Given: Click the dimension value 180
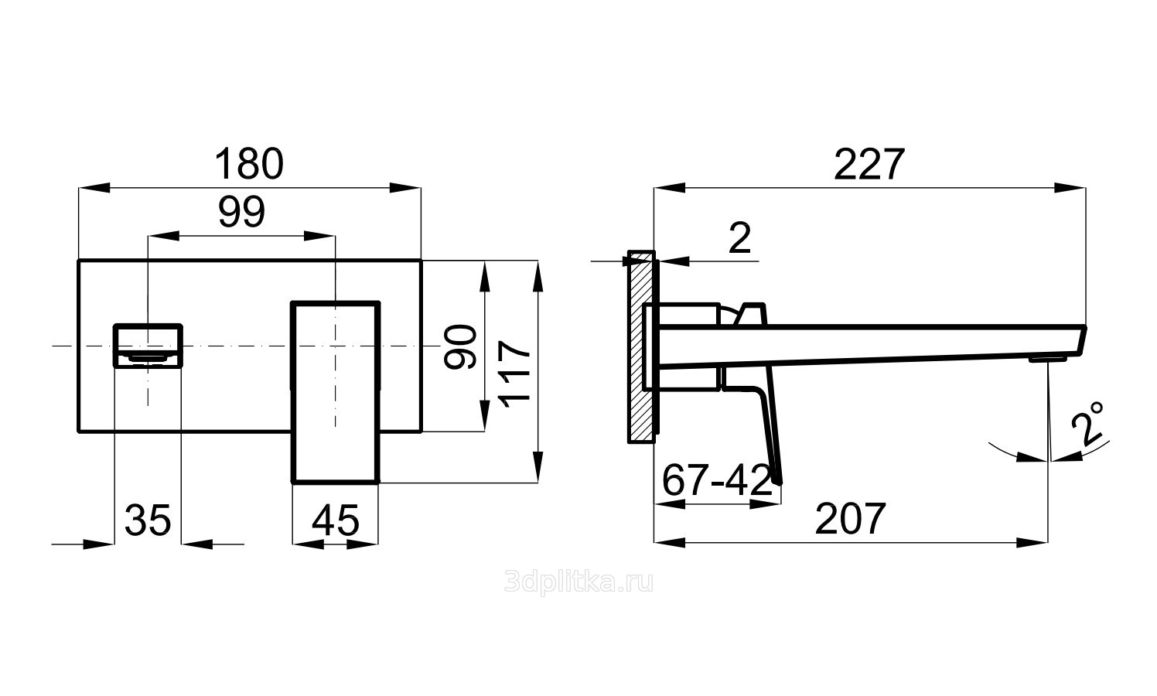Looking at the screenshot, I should click(249, 164).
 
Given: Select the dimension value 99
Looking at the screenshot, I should click(241, 212).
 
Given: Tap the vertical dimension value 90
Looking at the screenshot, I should click(462, 346).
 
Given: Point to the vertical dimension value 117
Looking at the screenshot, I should click(515, 371).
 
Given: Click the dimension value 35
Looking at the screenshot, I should click(148, 520).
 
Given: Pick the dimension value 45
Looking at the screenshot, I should click(336, 520).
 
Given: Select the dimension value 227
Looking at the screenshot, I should click(869, 164).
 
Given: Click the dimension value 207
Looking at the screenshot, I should click(850, 519).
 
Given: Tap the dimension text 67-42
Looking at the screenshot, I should click(717, 481).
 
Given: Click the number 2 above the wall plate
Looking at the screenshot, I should click(740, 239).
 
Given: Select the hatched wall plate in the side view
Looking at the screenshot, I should click(641, 348).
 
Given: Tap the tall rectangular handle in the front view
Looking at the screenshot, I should click(336, 391).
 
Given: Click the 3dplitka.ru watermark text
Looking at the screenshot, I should click(578, 582).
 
